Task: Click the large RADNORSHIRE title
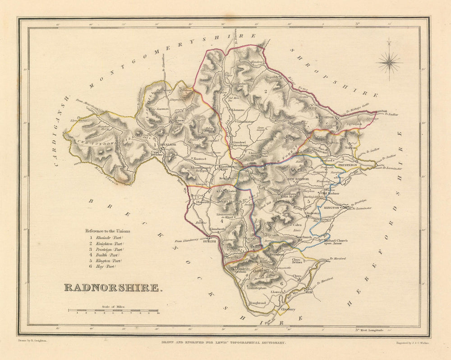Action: coord(111,288)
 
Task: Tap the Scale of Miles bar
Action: coord(113,311)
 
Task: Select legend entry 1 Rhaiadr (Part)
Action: coord(106,237)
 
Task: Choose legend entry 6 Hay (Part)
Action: coord(103,267)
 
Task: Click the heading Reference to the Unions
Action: coord(108,231)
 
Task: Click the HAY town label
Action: coord(309,292)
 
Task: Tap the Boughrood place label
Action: coord(258,303)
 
